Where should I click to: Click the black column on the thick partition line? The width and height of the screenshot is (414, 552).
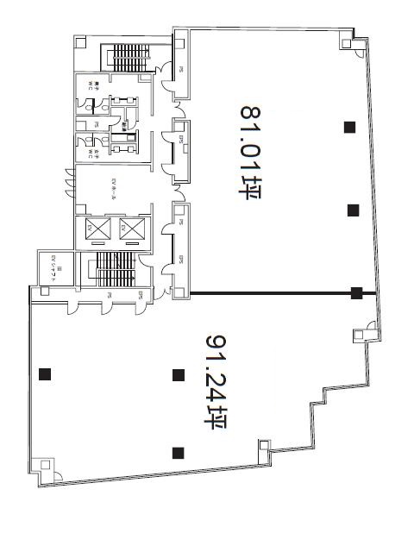coord(357,293)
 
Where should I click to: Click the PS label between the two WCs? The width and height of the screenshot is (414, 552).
coord(97,125)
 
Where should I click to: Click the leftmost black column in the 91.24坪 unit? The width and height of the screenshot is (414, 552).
coord(44,374)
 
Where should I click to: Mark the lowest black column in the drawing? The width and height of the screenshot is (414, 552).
coord(179,452)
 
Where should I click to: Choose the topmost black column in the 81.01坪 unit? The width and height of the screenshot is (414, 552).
coord(349,128)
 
